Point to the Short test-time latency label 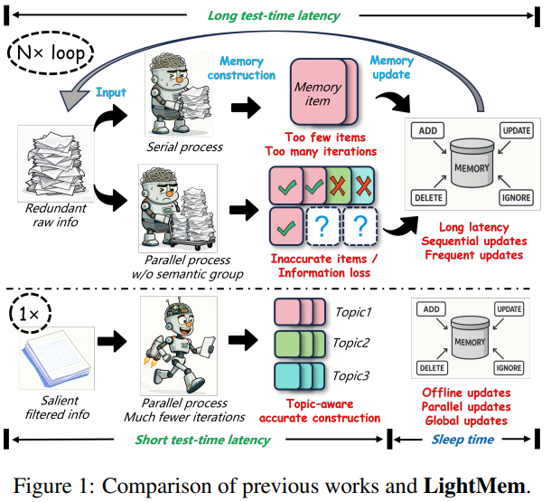pyautogui.click(x=203, y=440)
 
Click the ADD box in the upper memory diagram pyautogui.click(x=428, y=131)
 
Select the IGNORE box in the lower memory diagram pyautogui.click(x=509, y=368)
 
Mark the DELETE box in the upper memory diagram pyautogui.click(x=427, y=196)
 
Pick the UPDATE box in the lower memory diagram pyautogui.click(x=509, y=309)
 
